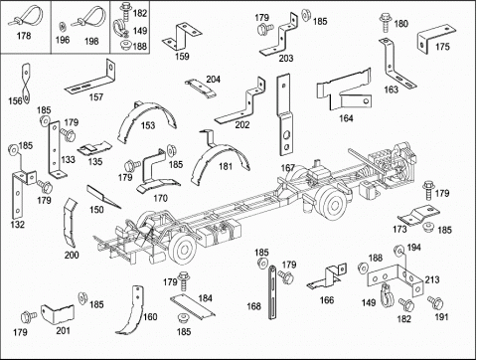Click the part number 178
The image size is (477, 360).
[24, 36]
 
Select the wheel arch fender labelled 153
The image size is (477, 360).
[146, 114]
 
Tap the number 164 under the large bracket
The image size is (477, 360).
[346, 118]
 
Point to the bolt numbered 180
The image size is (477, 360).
[386, 22]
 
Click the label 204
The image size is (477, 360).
[213, 80]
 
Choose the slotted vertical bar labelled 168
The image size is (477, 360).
[272, 291]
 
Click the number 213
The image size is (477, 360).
[432, 279]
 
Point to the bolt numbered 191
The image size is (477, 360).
[435, 302]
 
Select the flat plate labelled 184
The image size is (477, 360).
[192, 307]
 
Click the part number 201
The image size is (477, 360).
[63, 330]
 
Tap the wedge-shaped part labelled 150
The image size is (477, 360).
[102, 196]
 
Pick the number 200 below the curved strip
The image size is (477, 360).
[72, 255]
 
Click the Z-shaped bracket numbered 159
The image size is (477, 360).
[182, 36]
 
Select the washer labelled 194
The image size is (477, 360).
[398, 250]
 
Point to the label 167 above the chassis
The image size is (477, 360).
[288, 168]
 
